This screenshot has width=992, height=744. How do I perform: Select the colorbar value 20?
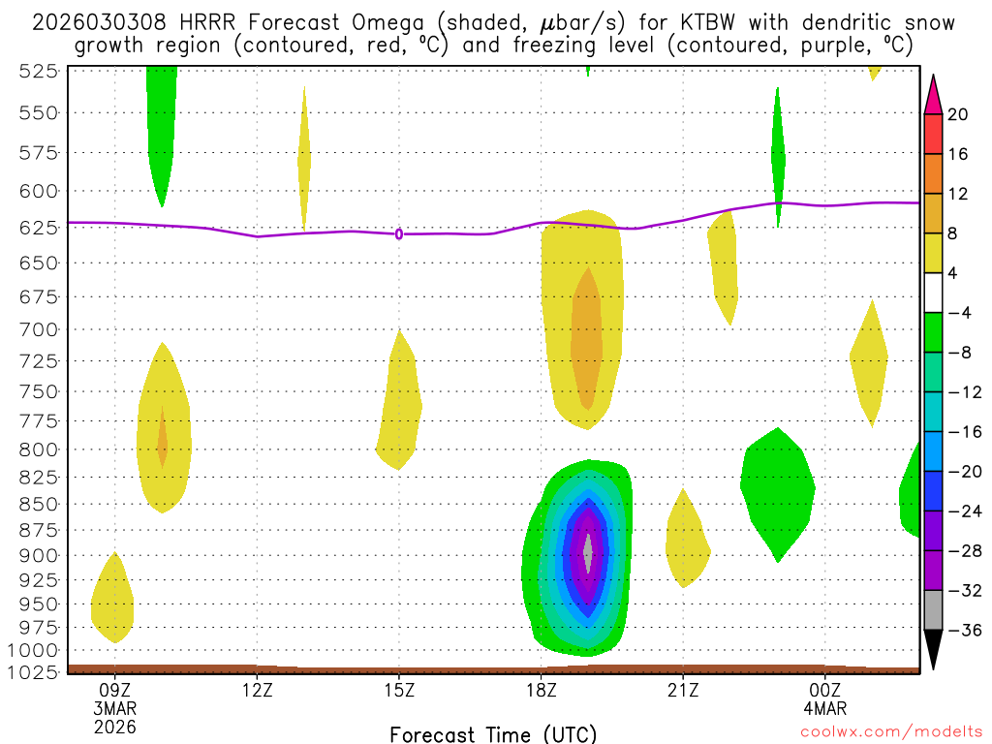[958, 114]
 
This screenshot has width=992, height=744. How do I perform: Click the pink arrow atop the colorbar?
[933, 94]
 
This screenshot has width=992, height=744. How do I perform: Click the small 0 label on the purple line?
[399, 233]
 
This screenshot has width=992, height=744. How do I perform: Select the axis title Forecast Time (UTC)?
[493, 733]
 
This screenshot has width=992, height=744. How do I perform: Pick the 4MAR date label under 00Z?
[824, 707]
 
